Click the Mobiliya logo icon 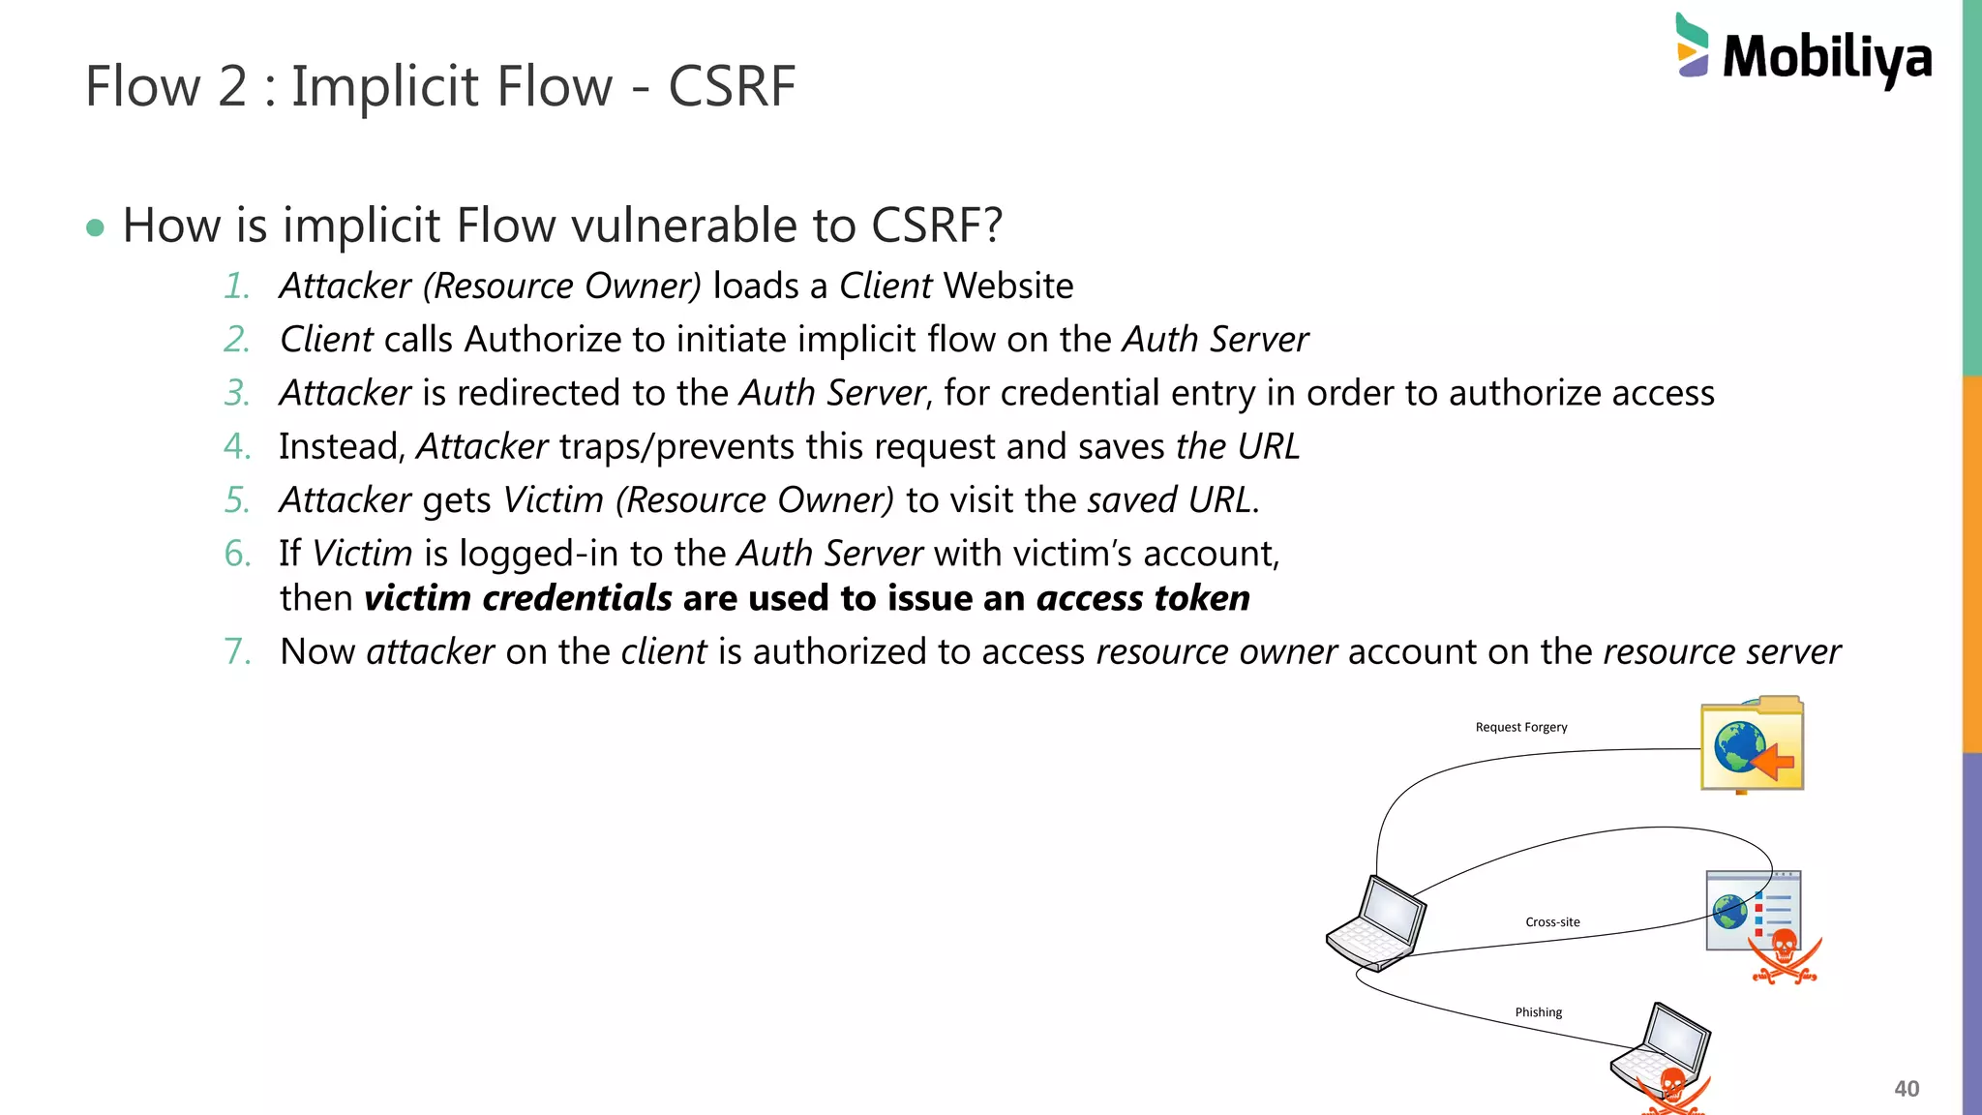tap(1692, 45)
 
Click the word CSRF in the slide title tap(732, 86)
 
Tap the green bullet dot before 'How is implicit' tap(95, 228)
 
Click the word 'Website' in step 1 tap(1008, 286)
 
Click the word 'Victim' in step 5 tap(554, 500)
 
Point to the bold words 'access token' tap(1143, 598)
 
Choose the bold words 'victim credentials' tap(518, 598)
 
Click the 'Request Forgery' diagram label tap(1520, 727)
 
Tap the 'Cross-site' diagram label tap(1552, 922)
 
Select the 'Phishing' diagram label tap(1538, 1012)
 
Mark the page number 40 tap(1906, 1089)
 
